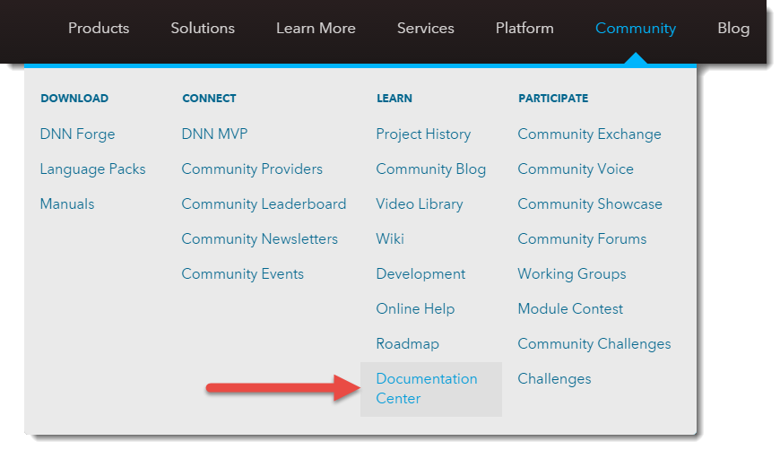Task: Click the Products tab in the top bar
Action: click(x=99, y=29)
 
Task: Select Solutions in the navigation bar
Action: click(x=203, y=29)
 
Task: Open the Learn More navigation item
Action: click(x=316, y=29)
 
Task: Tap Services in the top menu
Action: click(x=425, y=29)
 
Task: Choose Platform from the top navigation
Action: click(x=524, y=29)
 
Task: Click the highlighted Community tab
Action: click(x=636, y=29)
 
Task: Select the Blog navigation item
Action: click(x=733, y=29)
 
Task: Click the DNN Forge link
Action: click(x=77, y=134)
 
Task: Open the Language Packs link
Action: click(x=92, y=169)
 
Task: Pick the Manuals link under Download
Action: click(x=67, y=203)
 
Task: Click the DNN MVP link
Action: click(x=214, y=134)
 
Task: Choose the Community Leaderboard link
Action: click(x=264, y=204)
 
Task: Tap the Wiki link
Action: click(x=390, y=238)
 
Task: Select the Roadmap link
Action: click(x=407, y=343)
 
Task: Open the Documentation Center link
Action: click(x=427, y=388)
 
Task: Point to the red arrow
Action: click(x=283, y=388)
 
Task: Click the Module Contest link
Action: click(x=570, y=309)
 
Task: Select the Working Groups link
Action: click(x=572, y=274)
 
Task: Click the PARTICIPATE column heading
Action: click(x=553, y=99)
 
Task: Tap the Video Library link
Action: click(x=420, y=204)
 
